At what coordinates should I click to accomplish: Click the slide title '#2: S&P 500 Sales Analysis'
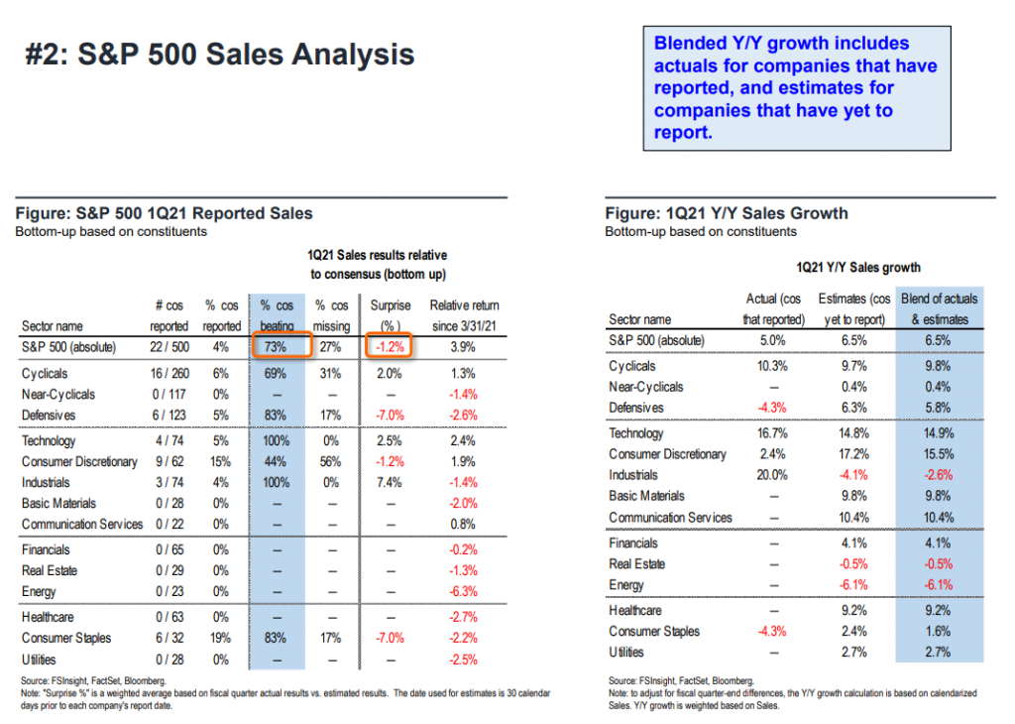(219, 54)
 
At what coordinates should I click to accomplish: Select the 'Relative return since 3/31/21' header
(464, 315)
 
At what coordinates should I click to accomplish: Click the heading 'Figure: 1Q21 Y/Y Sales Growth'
(727, 213)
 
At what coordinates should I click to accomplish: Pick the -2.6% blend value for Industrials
(937, 475)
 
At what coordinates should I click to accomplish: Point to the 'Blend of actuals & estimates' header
(938, 308)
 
